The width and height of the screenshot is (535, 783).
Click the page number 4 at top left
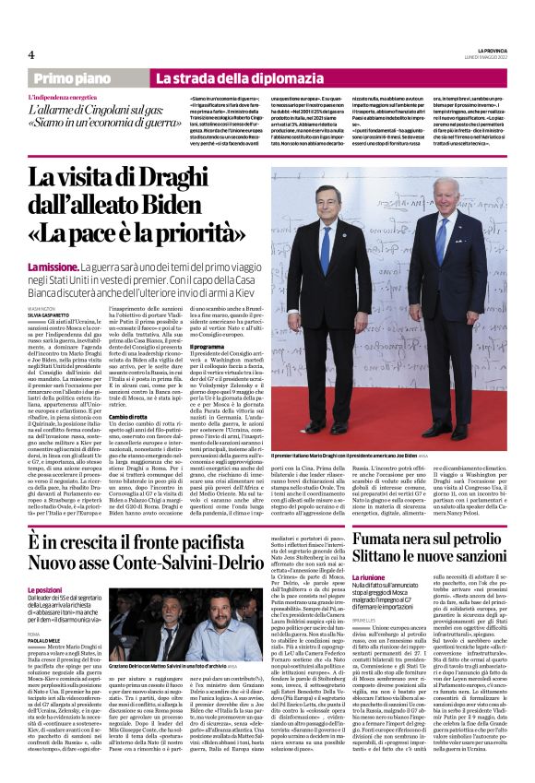tap(31, 55)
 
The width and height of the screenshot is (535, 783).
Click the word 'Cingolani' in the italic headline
tap(128, 110)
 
